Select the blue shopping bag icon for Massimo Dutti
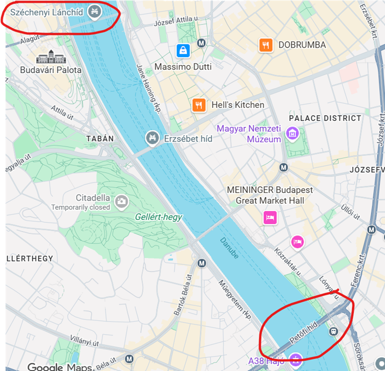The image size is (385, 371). pos(183,51)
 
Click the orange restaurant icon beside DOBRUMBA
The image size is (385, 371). pos(265,45)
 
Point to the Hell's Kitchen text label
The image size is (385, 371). pos(238,105)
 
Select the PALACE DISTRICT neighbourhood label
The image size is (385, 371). pos(325,118)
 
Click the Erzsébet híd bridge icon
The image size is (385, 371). pos(152,138)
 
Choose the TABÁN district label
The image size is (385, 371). pos(100,139)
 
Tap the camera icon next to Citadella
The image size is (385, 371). pos(121,201)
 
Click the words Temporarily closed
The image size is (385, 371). pos(80,207)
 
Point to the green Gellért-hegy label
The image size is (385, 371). pos(158,217)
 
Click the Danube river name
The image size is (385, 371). pos(229,247)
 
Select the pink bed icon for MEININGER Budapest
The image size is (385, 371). pos(270,217)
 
